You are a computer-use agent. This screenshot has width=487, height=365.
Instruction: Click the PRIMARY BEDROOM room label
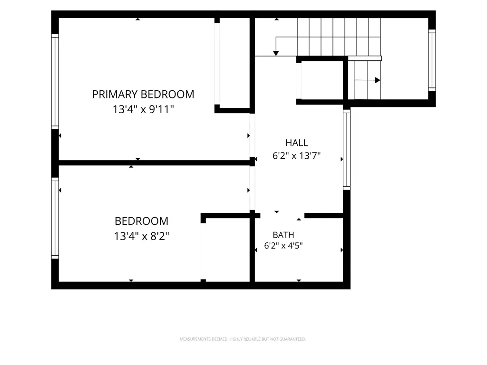pyautogui.click(x=143, y=95)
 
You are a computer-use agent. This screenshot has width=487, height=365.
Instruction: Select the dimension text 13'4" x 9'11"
pyautogui.click(x=143, y=109)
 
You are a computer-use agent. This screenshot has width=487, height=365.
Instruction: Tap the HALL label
pyautogui.click(x=297, y=143)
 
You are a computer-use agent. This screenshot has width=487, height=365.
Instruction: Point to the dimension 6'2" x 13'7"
pyautogui.click(x=296, y=155)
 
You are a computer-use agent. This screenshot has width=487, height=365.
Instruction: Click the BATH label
pyautogui.click(x=283, y=235)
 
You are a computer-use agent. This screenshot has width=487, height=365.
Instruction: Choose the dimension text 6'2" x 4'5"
pyautogui.click(x=283, y=246)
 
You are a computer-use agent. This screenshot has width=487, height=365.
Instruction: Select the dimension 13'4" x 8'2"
pyautogui.click(x=142, y=236)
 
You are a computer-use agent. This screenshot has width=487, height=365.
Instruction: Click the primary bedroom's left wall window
pyautogui.click(x=55, y=82)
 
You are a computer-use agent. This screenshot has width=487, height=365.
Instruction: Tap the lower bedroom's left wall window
pyautogui.click(x=55, y=218)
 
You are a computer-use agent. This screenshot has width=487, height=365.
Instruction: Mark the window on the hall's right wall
pyautogui.click(x=347, y=149)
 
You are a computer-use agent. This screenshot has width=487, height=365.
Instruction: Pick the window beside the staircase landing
pyautogui.click(x=432, y=60)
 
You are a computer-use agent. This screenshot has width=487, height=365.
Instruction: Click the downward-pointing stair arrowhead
pyautogui.click(x=276, y=53)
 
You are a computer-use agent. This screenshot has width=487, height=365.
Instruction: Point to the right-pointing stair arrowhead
pyautogui.click(x=378, y=80)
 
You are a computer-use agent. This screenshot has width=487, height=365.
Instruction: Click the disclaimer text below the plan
pyautogui.click(x=243, y=339)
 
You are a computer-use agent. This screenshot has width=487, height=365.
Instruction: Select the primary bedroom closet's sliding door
pyautogui.click(x=217, y=64)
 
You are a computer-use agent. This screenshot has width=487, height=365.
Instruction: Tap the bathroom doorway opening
pyautogui.click(x=282, y=215)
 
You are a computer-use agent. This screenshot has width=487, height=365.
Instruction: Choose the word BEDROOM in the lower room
pyautogui.click(x=142, y=221)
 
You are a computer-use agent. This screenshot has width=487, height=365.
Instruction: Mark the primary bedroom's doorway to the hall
pyautogui.click(x=252, y=135)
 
